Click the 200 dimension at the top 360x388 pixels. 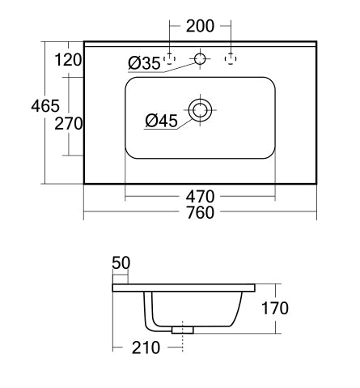pos(200,27)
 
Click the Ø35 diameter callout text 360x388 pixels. pos(144,63)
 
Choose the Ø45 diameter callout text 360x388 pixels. pos(162,121)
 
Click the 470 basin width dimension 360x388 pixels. pos(199,196)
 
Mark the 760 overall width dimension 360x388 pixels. pos(200,213)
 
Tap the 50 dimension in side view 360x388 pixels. pos(121,262)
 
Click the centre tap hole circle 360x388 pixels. pos(200,58)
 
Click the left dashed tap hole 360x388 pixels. pos(169,58)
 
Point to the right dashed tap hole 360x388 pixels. pos(231,58)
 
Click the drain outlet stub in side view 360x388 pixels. pos(184,329)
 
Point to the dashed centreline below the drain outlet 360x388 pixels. pos(184,343)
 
